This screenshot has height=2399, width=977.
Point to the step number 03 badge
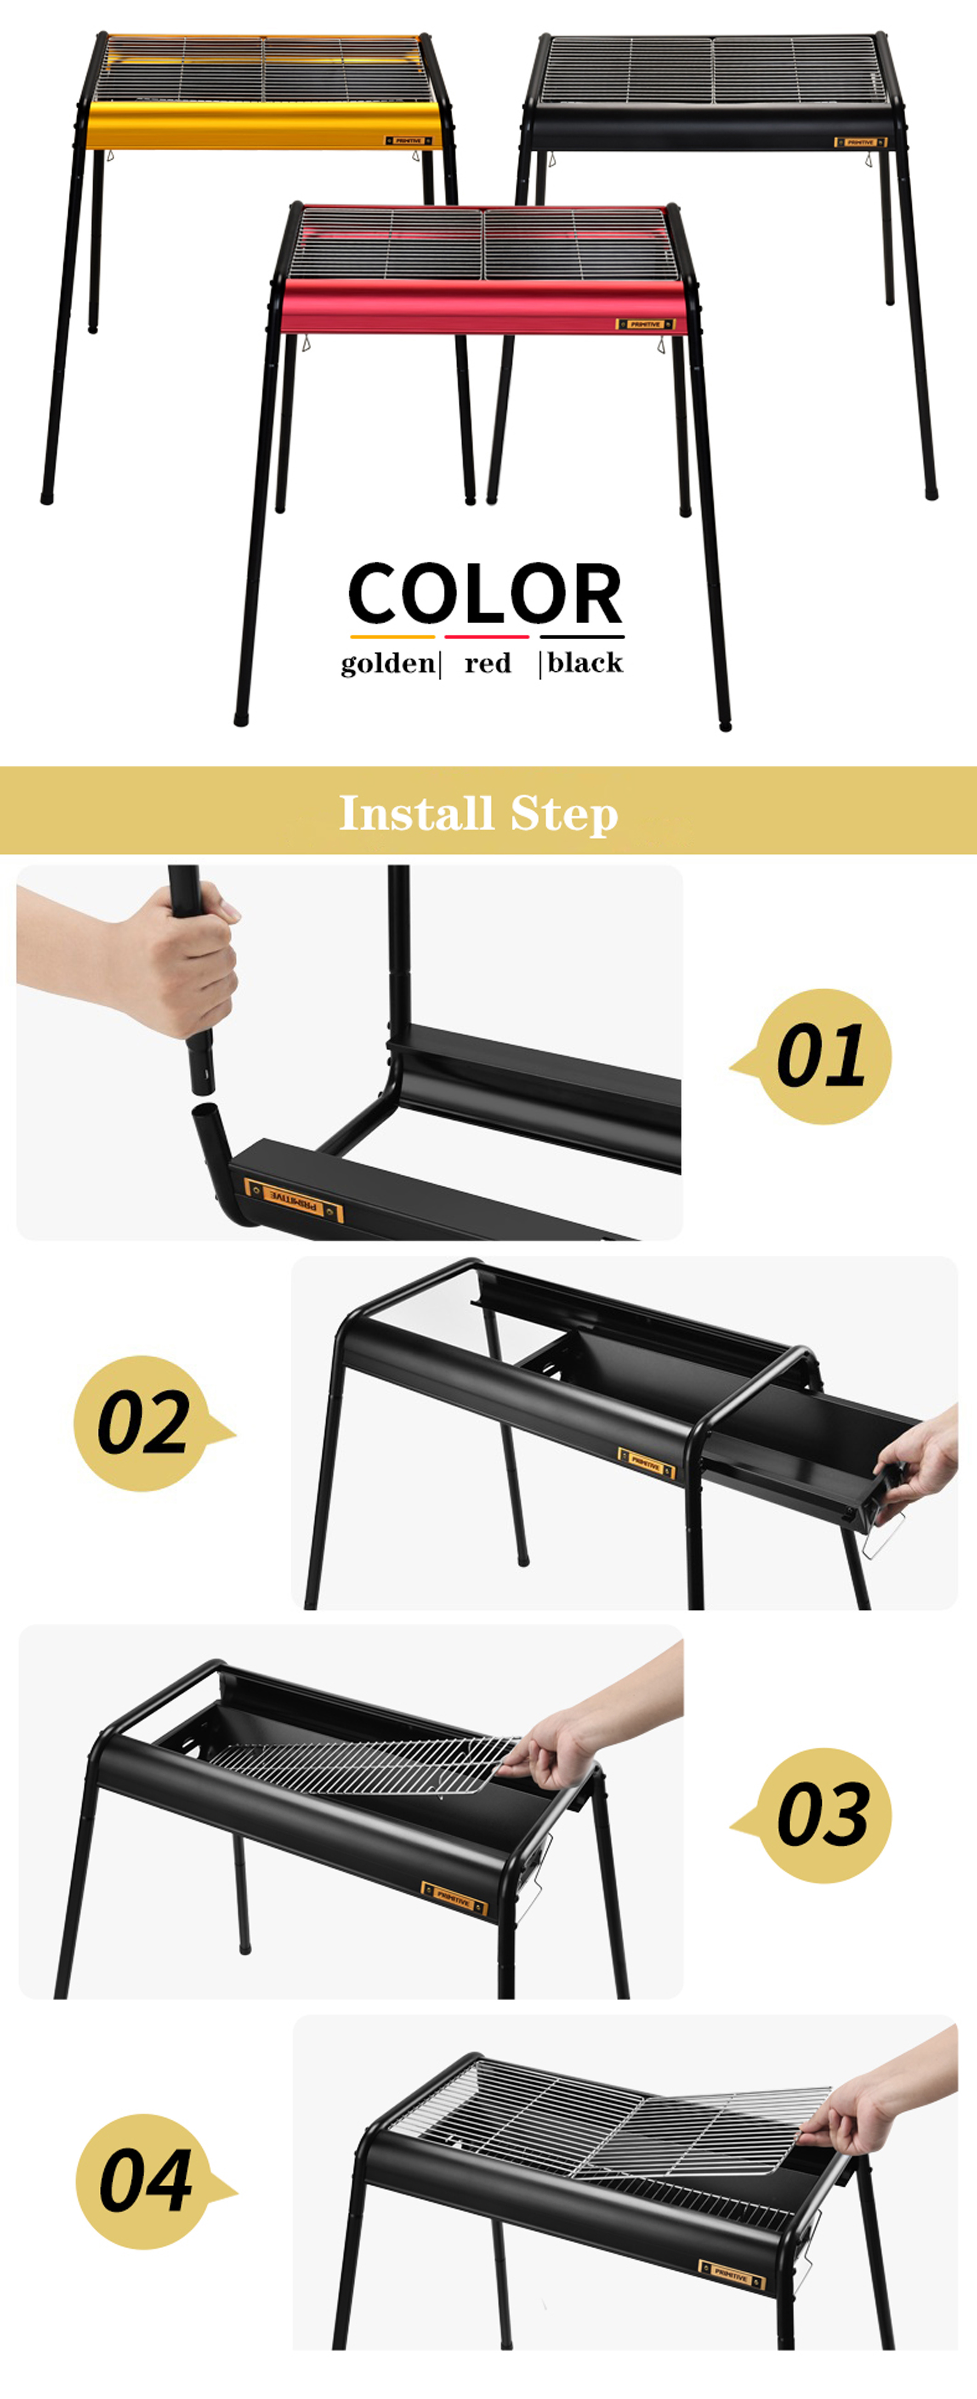(824, 1816)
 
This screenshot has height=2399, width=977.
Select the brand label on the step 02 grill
(645, 1462)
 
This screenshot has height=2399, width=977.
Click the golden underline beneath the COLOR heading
(392, 637)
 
